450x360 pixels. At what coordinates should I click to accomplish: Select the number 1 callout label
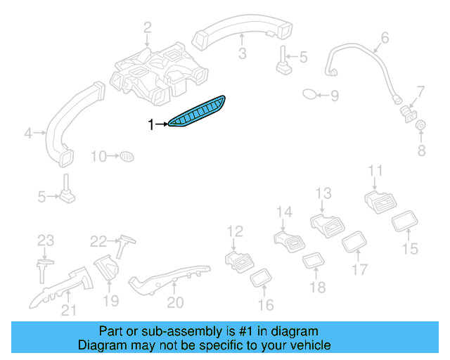tap(150, 124)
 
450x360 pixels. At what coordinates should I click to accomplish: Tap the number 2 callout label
tap(148, 28)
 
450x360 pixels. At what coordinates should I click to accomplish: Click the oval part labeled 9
tap(310, 94)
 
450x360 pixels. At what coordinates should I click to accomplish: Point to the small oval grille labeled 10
tap(126, 155)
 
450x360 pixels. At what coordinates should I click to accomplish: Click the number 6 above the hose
tap(384, 37)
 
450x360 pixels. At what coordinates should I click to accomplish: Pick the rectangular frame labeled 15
tap(404, 224)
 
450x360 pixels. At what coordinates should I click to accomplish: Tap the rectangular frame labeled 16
tap(262, 278)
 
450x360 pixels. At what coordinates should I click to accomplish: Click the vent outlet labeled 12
tap(240, 261)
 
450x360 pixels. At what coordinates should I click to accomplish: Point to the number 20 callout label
tap(175, 302)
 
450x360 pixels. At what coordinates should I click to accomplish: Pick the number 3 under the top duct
tap(241, 53)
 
